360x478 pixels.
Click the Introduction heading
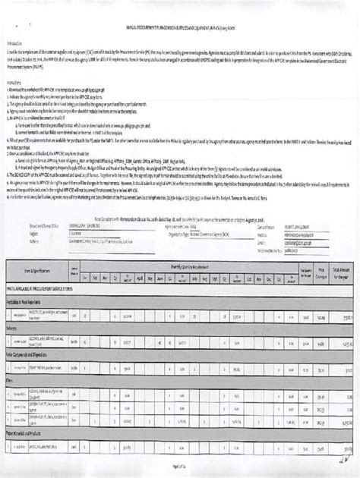click(16, 43)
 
